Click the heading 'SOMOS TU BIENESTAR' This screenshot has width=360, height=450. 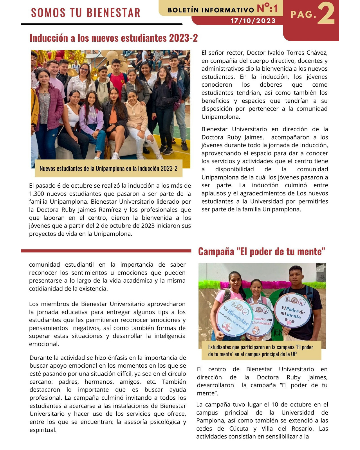[86, 13]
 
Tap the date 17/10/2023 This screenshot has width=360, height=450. [253, 21]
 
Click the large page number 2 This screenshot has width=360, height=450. [326, 14]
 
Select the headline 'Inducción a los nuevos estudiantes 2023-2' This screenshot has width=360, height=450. [114, 38]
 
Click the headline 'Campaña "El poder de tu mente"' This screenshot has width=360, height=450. [262, 251]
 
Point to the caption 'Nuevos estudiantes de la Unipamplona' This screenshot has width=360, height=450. [108, 169]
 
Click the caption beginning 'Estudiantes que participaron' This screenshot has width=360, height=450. [260, 351]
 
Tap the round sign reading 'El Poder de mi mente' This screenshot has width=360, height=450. [293, 311]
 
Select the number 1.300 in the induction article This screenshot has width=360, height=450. [37, 194]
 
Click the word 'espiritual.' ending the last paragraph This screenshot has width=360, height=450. [43, 430]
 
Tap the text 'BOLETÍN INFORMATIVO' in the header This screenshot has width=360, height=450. [211, 10]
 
